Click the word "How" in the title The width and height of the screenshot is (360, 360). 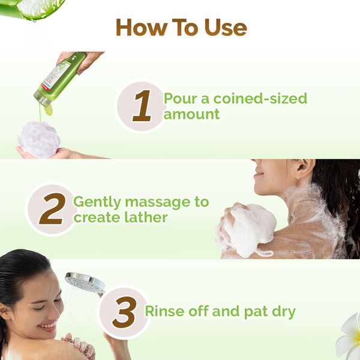[140, 28]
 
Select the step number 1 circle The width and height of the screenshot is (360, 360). [142, 106]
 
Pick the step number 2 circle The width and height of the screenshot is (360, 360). [50, 209]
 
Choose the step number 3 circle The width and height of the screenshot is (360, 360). [124, 313]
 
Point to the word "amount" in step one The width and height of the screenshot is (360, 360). [192, 114]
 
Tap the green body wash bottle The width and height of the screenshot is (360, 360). [61, 78]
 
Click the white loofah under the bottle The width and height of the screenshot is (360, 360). [39, 138]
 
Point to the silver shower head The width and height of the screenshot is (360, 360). [85, 281]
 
